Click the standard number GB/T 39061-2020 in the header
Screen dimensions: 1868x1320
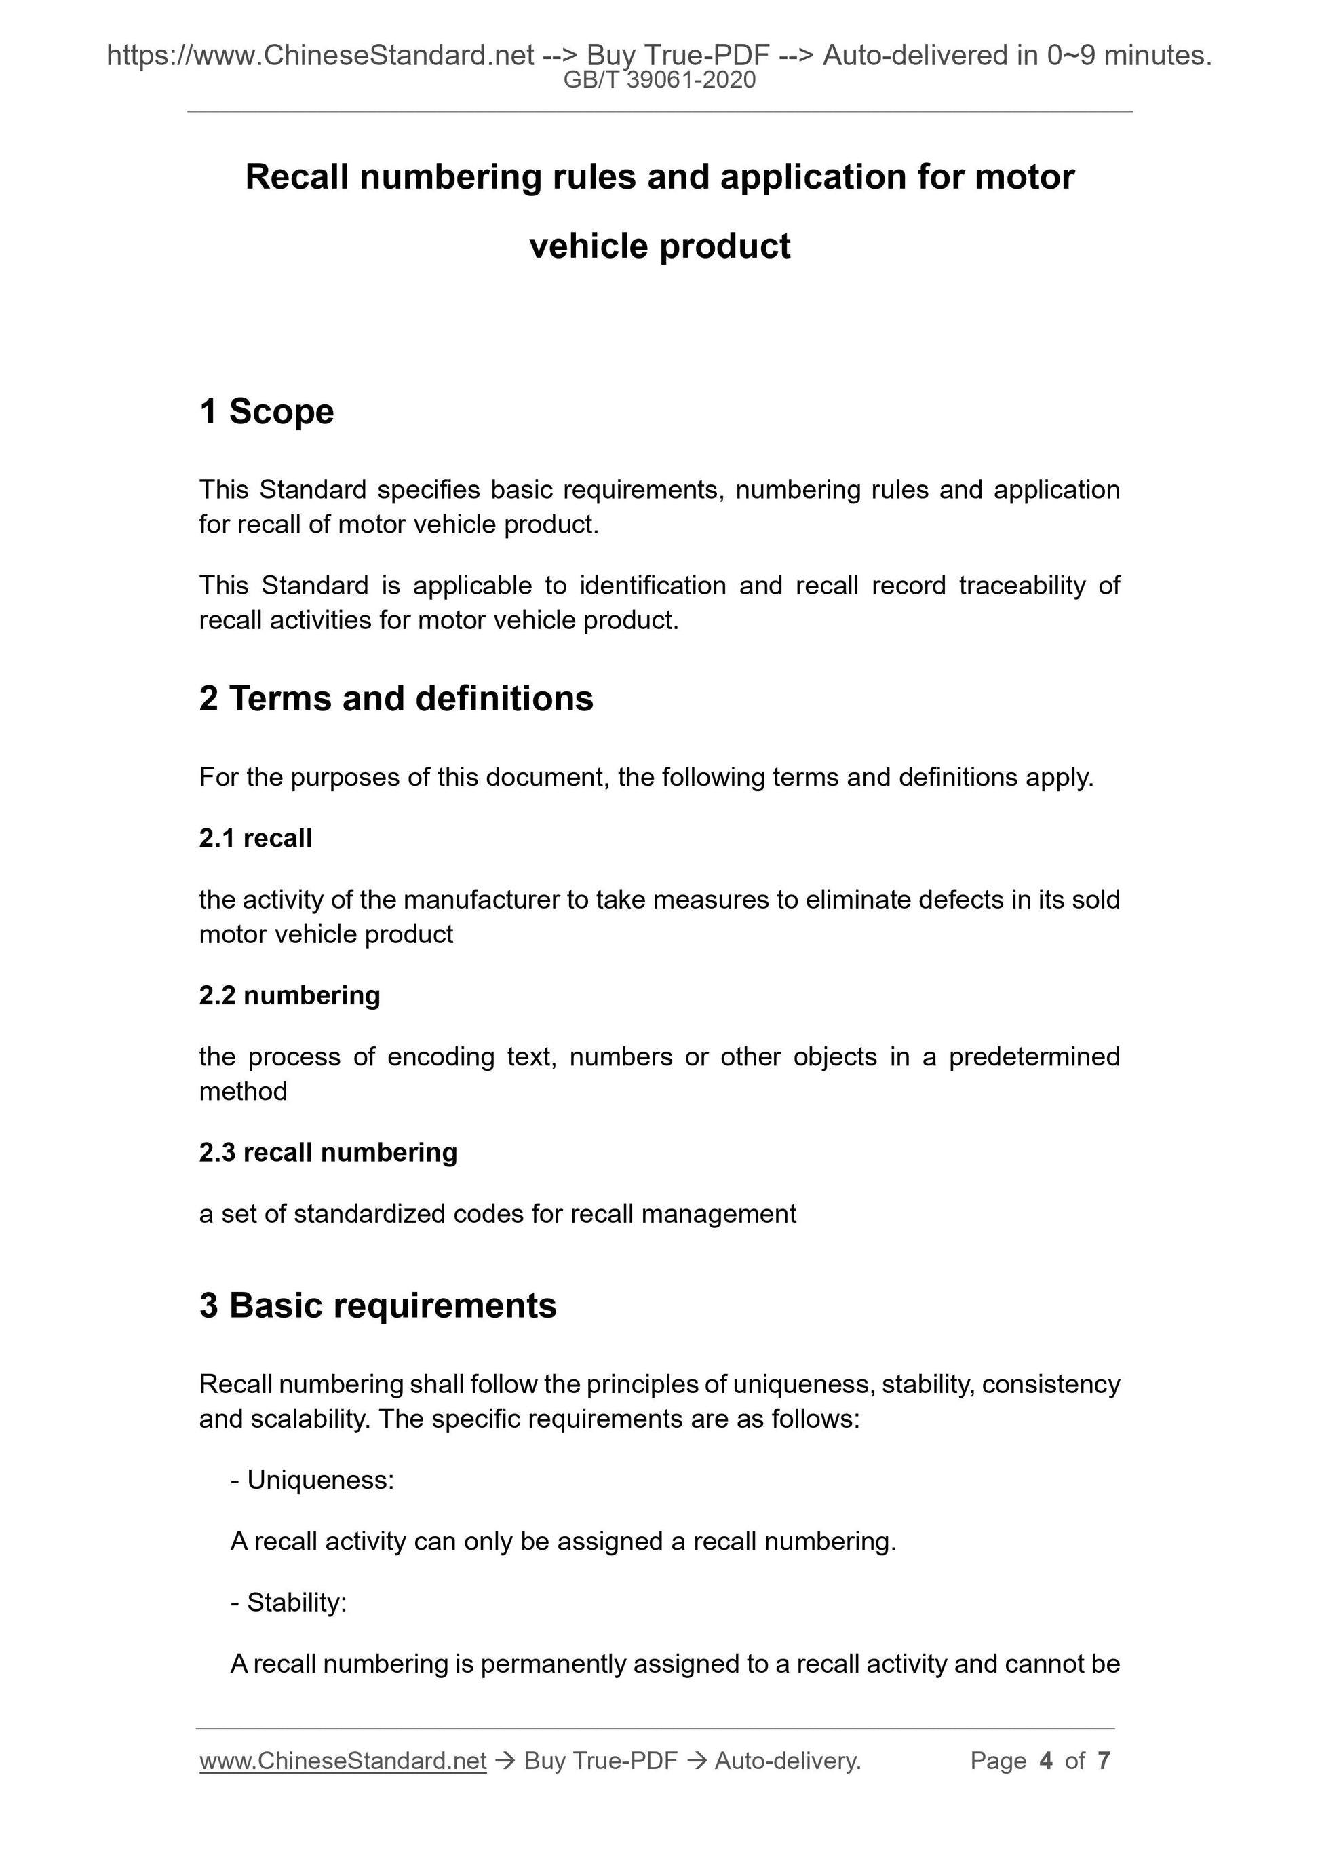point(659,80)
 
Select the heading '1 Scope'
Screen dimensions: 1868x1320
point(267,411)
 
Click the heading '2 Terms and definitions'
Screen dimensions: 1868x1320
point(396,698)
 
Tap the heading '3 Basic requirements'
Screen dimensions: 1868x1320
point(378,1305)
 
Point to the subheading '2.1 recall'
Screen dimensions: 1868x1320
point(255,838)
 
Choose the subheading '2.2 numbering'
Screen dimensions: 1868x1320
point(290,995)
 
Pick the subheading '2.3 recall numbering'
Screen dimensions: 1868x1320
point(328,1152)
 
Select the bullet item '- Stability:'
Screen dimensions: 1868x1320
point(289,1602)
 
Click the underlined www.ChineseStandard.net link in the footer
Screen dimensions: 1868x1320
point(343,1761)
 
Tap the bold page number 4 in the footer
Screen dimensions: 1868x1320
point(1046,1761)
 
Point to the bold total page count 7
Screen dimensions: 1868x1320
point(1104,1761)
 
